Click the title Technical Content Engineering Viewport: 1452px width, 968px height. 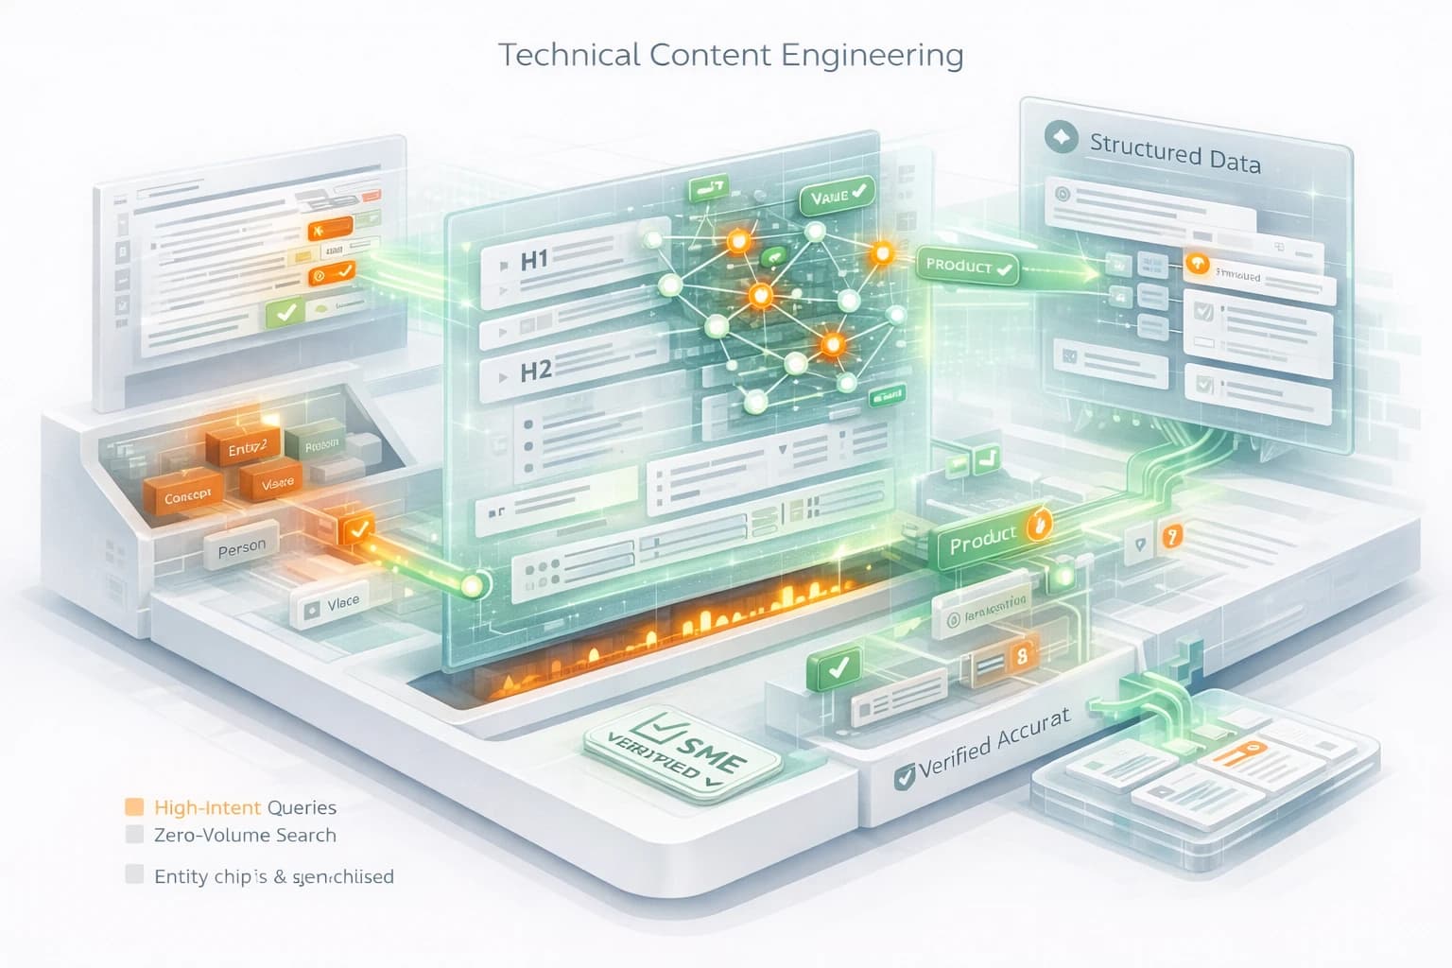coord(730,55)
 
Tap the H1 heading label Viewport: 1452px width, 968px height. coord(535,259)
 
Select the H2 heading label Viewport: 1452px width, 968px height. coord(535,371)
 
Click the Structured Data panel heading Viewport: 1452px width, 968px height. coord(1174,154)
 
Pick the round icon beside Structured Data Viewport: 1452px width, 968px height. coord(1061,138)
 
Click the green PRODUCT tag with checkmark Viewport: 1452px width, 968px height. coord(967,267)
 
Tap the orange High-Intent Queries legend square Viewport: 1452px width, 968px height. coord(134,806)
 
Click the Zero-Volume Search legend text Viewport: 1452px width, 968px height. coord(245,835)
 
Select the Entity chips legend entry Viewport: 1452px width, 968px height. coord(273,876)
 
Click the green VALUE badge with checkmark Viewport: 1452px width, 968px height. coord(836,197)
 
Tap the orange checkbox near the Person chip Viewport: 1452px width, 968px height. coord(357,528)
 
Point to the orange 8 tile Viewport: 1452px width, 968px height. coord(1020,655)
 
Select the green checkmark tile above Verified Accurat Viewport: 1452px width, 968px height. coord(835,667)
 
